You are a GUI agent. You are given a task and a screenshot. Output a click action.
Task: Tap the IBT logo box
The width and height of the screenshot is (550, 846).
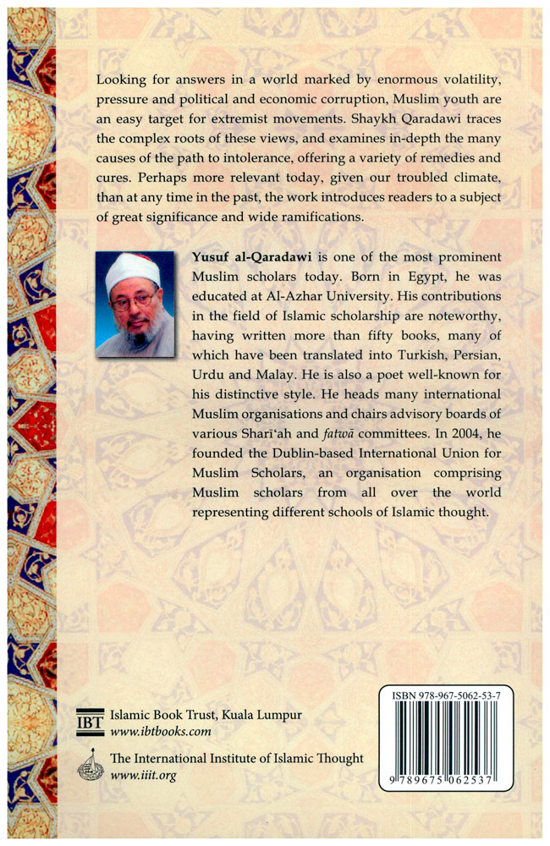(88, 720)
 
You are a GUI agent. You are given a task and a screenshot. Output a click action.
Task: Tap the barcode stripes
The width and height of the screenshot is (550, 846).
(457, 738)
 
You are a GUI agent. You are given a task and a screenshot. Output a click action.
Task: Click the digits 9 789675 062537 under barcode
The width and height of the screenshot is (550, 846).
(457, 778)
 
